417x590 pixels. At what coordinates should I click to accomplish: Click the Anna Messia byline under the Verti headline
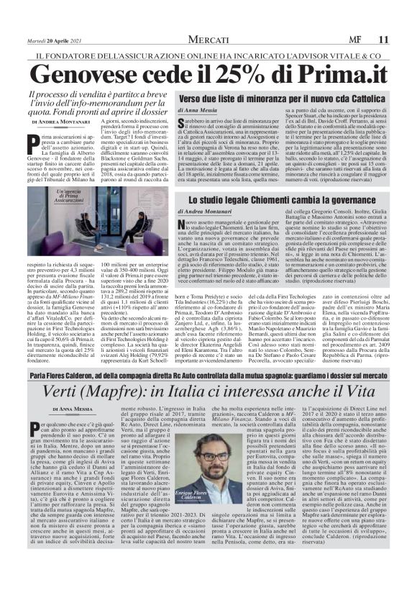[75, 408]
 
